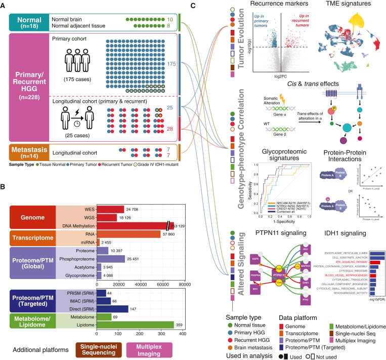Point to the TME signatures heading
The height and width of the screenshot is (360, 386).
pyautogui.click(x=350, y=5)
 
